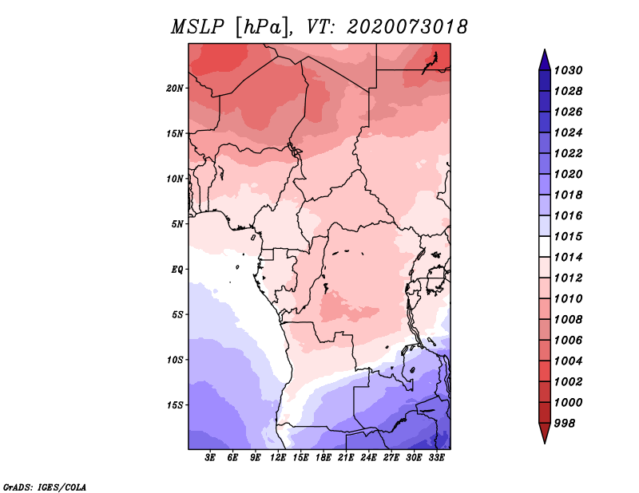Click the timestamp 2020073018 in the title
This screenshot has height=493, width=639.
tap(407, 27)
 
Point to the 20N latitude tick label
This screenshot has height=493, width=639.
tap(176, 88)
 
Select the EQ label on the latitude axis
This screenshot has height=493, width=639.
tap(177, 269)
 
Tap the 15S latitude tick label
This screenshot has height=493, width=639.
tap(176, 404)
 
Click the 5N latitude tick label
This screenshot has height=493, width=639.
tap(178, 223)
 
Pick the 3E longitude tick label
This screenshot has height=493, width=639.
tap(211, 458)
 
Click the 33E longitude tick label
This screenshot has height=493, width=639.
tap(436, 458)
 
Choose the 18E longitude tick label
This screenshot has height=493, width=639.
tap(323, 458)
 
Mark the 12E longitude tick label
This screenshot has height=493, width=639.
tap(279, 458)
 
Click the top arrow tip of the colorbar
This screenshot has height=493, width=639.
tap(544, 52)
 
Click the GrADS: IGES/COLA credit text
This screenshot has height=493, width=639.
tap(45, 486)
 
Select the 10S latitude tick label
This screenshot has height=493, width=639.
tap(176, 359)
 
